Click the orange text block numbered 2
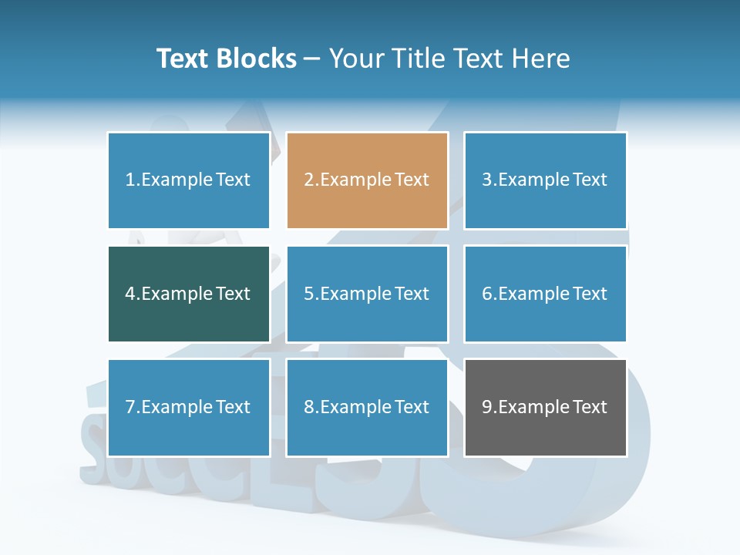pyautogui.click(x=367, y=180)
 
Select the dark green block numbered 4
pyautogui.click(x=189, y=294)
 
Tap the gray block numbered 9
pyautogui.click(x=545, y=407)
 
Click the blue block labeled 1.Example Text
pyautogui.click(x=189, y=180)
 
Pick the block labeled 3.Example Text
pyautogui.click(x=545, y=180)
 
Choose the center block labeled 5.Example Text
pyautogui.click(x=367, y=294)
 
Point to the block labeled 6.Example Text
pyautogui.click(x=545, y=294)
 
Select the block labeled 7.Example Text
pyautogui.click(x=189, y=407)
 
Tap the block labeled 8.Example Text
pyautogui.click(x=367, y=407)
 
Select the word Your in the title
pyautogui.click(x=351, y=59)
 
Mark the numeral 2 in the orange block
pyautogui.click(x=308, y=180)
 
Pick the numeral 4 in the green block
pyautogui.click(x=130, y=294)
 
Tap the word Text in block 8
pyautogui.click(x=412, y=407)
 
